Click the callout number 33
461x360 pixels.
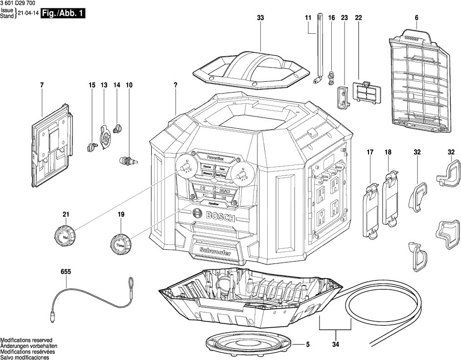pos(260,18)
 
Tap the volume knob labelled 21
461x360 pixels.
pos(65,237)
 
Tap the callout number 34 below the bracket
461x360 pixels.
pos(335,345)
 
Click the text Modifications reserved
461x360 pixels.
pos(26,340)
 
